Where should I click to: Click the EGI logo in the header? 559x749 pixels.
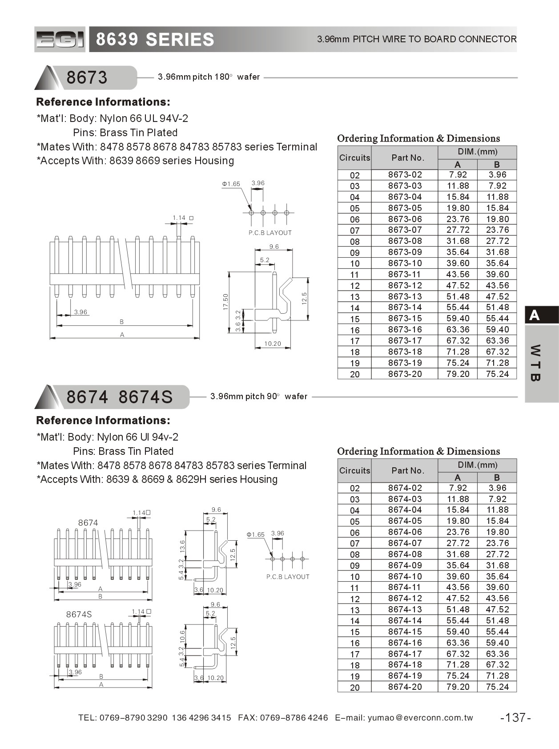[x=60, y=40]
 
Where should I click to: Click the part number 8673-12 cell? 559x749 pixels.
[x=405, y=285]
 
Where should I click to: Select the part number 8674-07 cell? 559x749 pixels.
[x=405, y=543]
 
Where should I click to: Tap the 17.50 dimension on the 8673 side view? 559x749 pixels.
[x=225, y=302]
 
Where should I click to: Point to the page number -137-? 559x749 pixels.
[x=515, y=717]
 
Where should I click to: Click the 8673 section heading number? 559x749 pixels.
[x=87, y=77]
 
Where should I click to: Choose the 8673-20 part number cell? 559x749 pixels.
[x=405, y=374]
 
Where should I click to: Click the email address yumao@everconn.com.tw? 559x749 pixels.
[x=420, y=717]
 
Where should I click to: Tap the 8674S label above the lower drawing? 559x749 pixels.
[x=79, y=614]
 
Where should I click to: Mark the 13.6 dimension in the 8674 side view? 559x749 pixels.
[x=182, y=545]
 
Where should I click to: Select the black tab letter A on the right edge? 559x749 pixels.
[x=535, y=315]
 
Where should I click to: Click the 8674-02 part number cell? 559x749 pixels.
[x=405, y=488]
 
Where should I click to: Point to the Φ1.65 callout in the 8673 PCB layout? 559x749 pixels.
[x=231, y=184]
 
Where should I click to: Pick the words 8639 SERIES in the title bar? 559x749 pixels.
[x=155, y=40]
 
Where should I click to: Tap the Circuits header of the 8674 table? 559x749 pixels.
[x=354, y=470]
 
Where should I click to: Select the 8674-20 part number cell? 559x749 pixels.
[x=405, y=687]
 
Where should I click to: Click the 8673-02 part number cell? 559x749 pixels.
[x=405, y=175]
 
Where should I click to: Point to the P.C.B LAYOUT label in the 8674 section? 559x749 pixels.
[x=288, y=577]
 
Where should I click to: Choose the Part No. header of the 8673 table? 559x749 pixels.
[x=408, y=158]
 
